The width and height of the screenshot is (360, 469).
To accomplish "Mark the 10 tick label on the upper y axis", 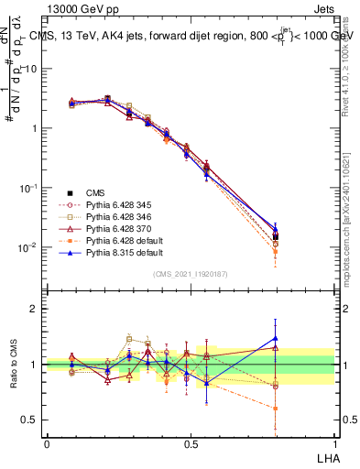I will click(x=33, y=69).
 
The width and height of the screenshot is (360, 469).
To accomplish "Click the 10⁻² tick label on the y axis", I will click(x=29, y=247).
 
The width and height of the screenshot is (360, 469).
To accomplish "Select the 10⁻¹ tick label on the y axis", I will click(x=29, y=188).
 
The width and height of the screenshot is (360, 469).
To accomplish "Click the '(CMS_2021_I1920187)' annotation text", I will click(x=191, y=274).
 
